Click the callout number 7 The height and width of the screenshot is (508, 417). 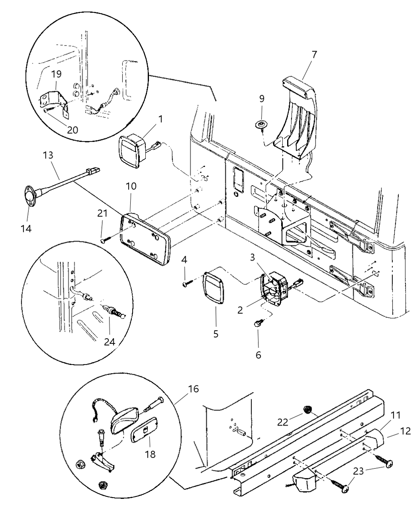pos(314,55)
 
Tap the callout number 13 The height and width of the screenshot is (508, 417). pos(48,155)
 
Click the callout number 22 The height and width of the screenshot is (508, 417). pos(283,422)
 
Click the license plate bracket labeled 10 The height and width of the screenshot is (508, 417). pos(145,239)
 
